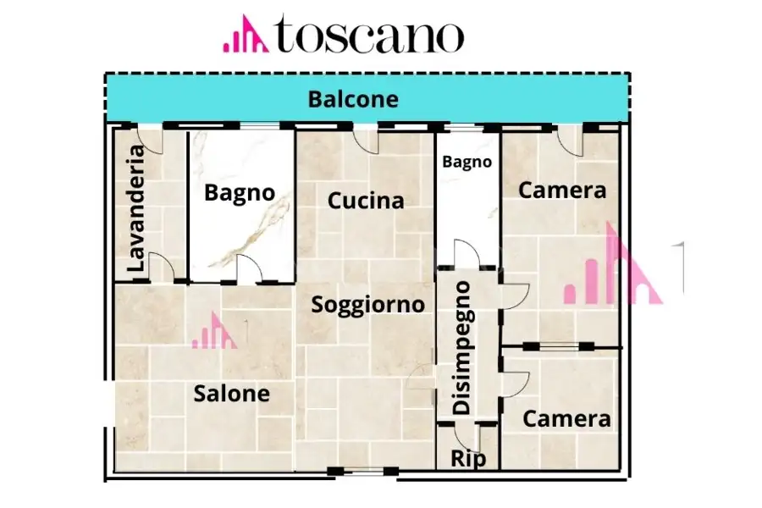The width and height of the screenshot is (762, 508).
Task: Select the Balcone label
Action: pos(352,99)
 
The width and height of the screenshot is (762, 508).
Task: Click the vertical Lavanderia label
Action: pos(136,209)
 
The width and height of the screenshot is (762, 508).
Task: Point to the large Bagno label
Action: pos(240,192)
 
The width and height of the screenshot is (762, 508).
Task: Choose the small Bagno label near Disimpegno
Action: pos(467,161)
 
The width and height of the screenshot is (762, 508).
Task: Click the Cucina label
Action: pos(366,201)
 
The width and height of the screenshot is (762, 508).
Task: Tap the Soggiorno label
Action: pos(367,304)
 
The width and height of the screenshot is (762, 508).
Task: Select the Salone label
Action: pos(231,393)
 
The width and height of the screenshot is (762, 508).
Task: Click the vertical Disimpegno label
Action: pos(461,347)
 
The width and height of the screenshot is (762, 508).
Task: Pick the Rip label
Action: pos(468,458)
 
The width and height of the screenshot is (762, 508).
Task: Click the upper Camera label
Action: pos(562,190)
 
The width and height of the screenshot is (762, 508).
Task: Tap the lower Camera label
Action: pos(566,418)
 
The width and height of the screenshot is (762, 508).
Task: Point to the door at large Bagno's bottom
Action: pos(249,270)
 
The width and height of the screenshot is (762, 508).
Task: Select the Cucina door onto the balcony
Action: pos(366,140)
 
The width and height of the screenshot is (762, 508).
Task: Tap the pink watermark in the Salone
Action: pos(213,331)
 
